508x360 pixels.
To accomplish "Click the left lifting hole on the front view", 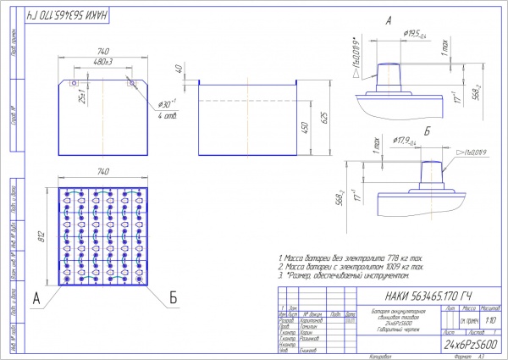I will (75, 83).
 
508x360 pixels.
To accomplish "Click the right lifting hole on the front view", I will (130, 83).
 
